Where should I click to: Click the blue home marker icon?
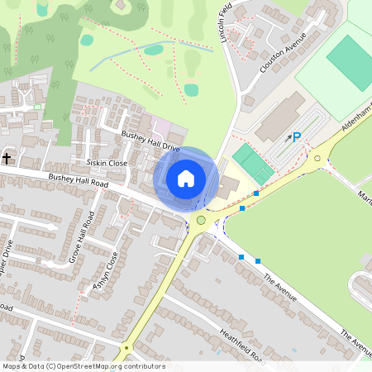[186, 178]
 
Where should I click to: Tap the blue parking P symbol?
[297, 137]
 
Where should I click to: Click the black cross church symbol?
[7, 157]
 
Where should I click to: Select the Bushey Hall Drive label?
[150, 140]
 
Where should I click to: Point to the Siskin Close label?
[100, 164]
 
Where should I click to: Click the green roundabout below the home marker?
[201, 220]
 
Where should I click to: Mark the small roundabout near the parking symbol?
[317, 158]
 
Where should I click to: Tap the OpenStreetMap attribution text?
[83, 366]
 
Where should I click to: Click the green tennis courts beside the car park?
[253, 163]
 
